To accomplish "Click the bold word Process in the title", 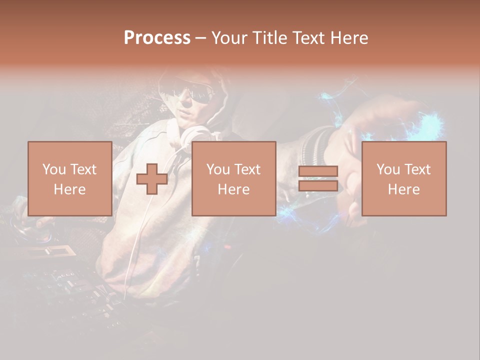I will pos(157,38).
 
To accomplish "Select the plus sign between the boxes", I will pos(152,178).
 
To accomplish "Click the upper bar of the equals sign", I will pos(318,171).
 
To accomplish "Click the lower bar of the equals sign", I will pos(318,186).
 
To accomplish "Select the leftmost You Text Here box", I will pos(69,178).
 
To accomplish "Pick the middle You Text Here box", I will pos(233,178).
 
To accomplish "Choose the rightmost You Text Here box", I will pos(404,178).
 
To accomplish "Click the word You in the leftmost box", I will pos(53,169).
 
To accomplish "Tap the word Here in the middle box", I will pos(233,189).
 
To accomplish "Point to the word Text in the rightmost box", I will pos(417,169).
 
